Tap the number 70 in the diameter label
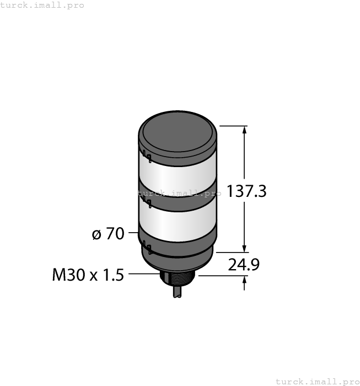(x=115, y=234)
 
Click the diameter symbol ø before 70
(x=96, y=234)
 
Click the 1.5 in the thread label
(x=113, y=274)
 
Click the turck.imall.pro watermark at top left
(x=42, y=5)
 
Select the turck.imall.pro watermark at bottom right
(x=317, y=381)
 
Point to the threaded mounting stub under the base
(x=177, y=277)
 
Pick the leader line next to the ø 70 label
(x=133, y=234)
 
